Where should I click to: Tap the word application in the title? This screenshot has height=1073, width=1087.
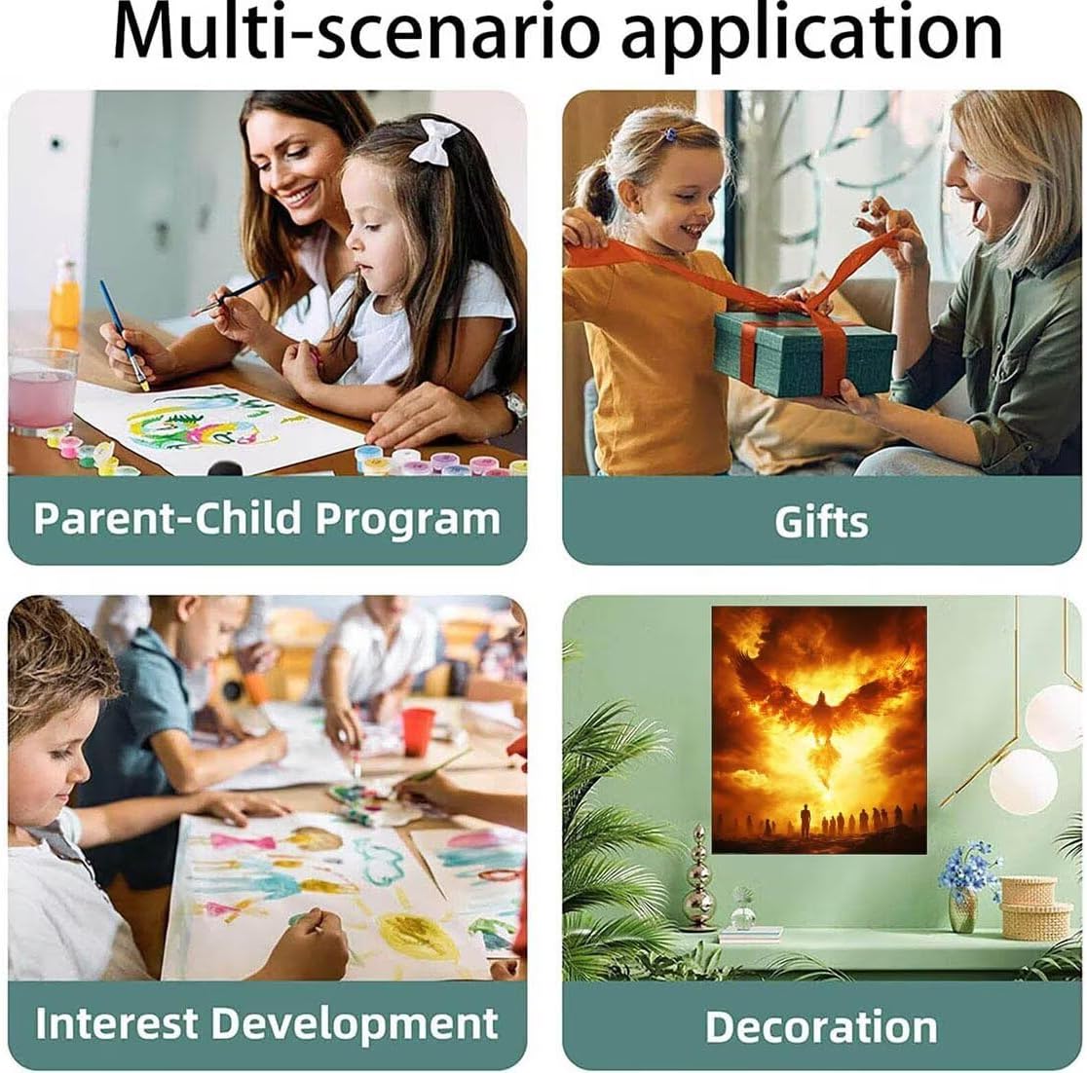(811, 36)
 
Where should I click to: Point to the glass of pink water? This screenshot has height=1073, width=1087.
(42, 390)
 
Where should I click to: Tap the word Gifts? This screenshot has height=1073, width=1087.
(821, 521)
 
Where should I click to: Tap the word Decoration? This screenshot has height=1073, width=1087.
(821, 1026)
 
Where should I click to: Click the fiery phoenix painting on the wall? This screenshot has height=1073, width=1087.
(819, 729)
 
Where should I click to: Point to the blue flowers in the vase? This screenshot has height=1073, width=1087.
(968, 863)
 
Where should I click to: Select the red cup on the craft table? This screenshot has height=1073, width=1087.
(417, 731)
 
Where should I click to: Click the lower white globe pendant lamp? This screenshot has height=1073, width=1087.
(1023, 781)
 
